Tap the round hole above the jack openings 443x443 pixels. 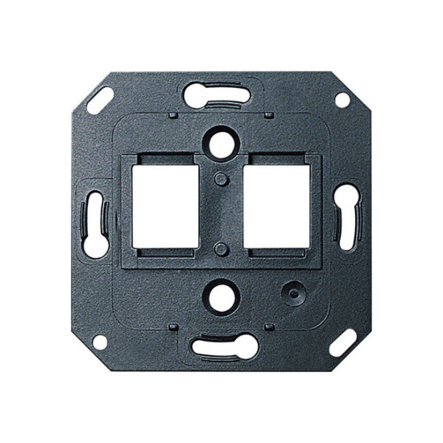(220, 141)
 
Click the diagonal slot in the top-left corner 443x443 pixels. (99, 100)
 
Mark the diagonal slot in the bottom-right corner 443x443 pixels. (343, 342)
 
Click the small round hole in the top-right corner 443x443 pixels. (342, 100)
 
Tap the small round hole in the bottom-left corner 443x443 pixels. (100, 342)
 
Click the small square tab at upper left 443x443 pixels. (173, 115)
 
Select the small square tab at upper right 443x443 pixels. (269, 115)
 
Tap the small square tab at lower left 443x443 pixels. (173, 326)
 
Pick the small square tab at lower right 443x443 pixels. (269, 326)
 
